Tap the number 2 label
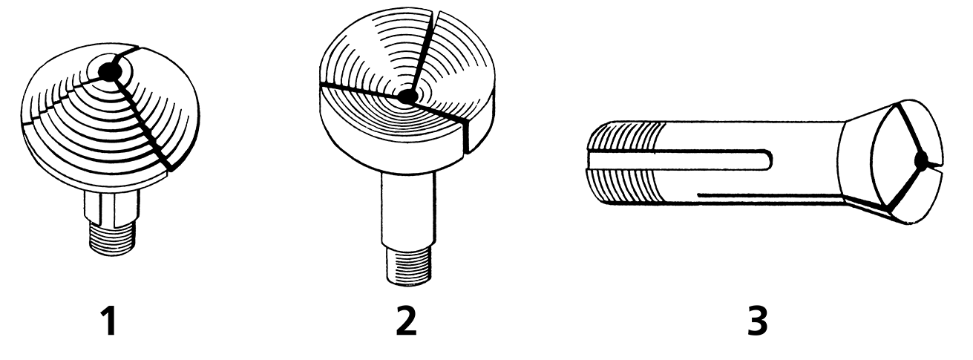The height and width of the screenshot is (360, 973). [x=406, y=321]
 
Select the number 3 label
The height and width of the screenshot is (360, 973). [x=758, y=321]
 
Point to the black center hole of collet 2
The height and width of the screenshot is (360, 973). [x=406, y=96]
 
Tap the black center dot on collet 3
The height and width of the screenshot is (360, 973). [x=921, y=161]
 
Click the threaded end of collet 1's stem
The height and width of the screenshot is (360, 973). [x=113, y=238]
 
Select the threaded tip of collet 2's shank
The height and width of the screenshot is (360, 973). [x=409, y=266]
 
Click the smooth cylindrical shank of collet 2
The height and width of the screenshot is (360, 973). [x=409, y=210]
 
